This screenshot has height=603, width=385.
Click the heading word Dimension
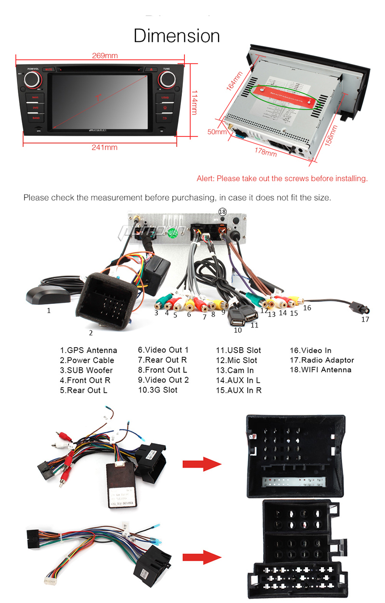coord(177,36)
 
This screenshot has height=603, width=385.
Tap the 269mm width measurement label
coord(104,55)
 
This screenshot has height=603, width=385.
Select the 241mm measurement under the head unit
coord(104,147)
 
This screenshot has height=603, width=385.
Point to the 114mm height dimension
coord(193,102)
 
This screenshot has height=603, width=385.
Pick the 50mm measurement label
coord(217,131)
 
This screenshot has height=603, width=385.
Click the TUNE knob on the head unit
coord(166,80)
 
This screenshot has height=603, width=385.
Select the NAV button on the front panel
coord(35,98)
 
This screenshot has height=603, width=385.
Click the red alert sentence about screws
coord(282,179)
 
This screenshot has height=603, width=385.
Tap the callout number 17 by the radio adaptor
coord(365,319)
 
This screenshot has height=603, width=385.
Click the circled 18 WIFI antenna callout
coord(222,211)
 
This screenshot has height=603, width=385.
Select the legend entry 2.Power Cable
coord(87,360)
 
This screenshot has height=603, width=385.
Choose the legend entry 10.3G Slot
coord(157,390)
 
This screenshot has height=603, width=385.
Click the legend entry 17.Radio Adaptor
coord(321,360)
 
